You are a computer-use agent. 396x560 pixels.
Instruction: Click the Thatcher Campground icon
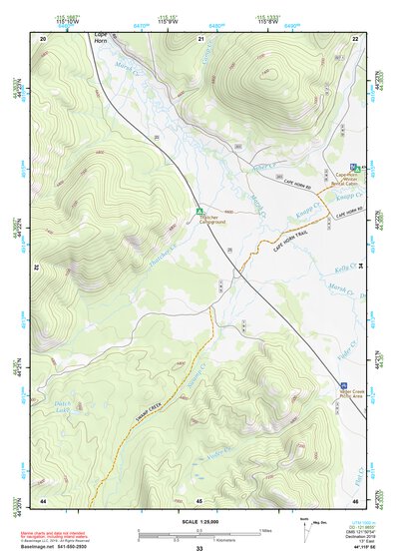coord(200,211)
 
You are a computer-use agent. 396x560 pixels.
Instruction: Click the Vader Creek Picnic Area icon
coord(344,385)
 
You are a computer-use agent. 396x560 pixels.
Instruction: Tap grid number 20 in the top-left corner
coord(43,38)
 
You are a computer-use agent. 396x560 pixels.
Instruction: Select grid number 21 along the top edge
coord(200,38)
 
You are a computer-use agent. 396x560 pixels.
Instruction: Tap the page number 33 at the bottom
coord(198,549)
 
